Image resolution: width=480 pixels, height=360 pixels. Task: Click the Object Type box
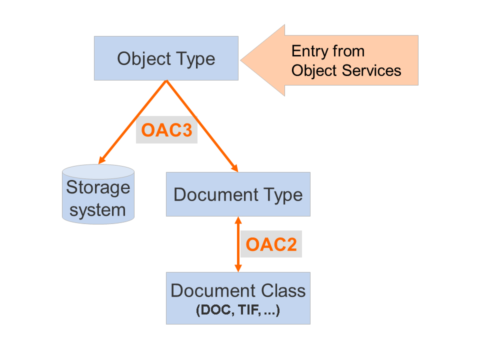point(166,58)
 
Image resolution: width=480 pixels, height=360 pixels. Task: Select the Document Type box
point(238,194)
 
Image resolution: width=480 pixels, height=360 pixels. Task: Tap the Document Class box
point(238,298)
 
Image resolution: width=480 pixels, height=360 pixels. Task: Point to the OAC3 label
point(166,130)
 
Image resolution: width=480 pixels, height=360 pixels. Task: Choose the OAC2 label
point(271,244)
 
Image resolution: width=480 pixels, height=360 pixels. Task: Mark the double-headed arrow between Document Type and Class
point(238,244)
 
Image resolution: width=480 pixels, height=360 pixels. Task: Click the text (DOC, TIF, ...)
point(238,310)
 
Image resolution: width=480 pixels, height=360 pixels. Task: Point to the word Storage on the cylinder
point(98,188)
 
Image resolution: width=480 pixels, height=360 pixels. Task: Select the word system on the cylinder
point(98,209)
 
